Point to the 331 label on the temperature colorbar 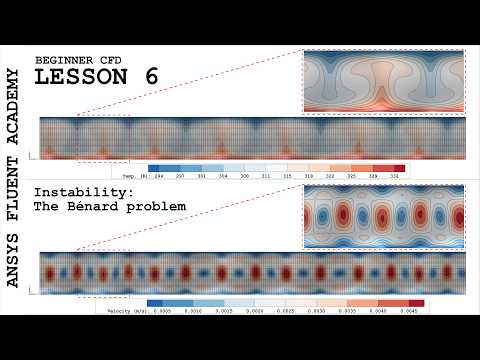pyautogui.click(x=399, y=175)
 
